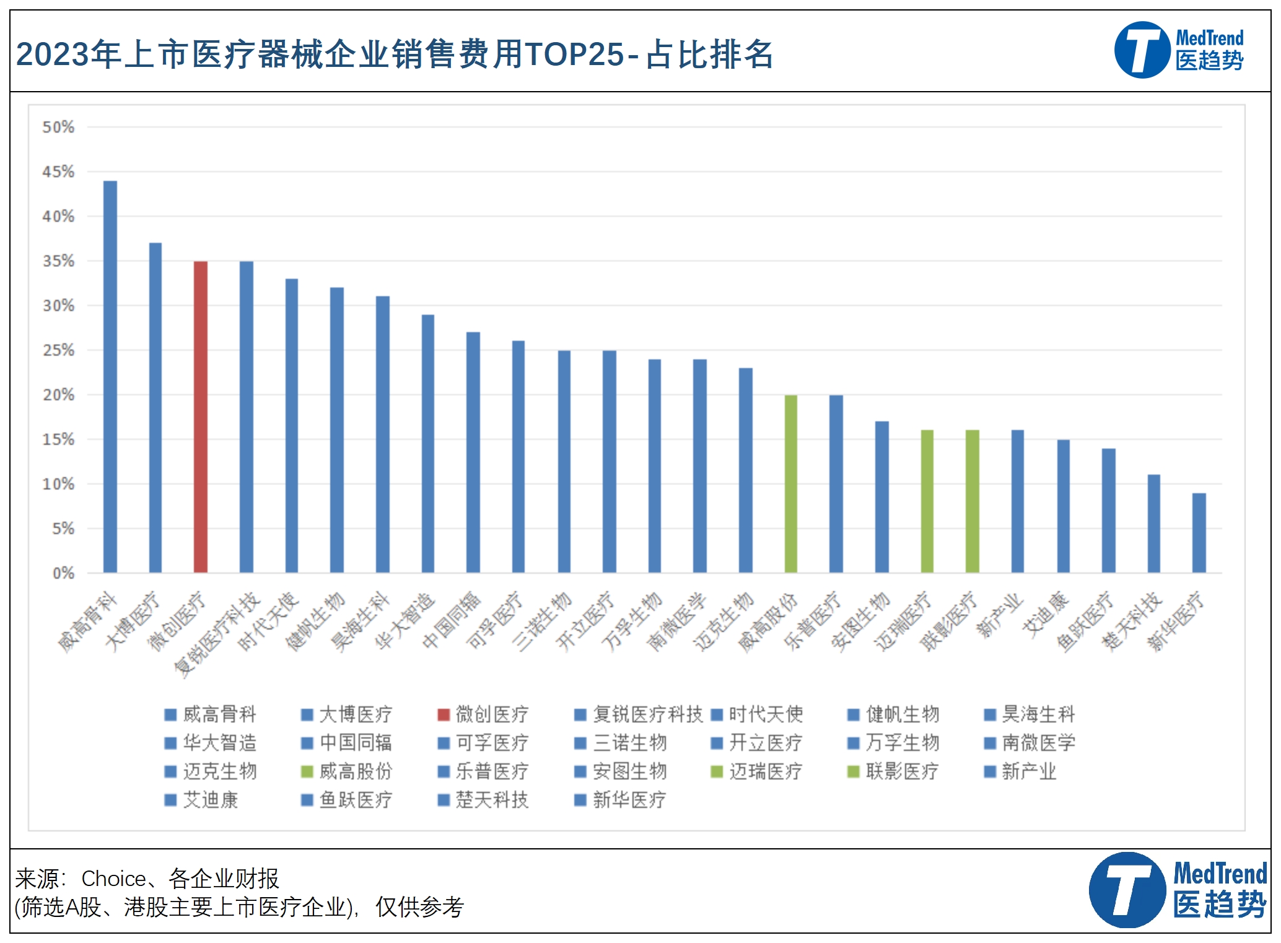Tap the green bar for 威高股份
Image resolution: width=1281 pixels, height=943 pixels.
point(791,484)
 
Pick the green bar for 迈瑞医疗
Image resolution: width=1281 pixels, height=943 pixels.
point(927,501)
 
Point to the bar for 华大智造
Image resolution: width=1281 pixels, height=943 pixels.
point(428,444)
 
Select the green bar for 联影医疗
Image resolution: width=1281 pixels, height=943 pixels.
point(973,501)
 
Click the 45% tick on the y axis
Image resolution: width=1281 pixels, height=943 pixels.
point(58,172)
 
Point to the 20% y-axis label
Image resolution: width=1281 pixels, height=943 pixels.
point(58,395)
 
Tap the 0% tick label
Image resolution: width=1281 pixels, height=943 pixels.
point(63,573)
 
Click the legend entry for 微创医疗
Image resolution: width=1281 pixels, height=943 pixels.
point(484,714)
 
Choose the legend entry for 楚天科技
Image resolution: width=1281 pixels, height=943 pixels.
point(484,800)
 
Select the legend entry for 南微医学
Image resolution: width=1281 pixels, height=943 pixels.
point(1031,743)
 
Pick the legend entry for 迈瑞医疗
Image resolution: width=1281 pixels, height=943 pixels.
point(758,771)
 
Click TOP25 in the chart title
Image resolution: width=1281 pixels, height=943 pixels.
point(574,55)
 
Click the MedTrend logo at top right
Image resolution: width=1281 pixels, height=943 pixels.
point(1179,50)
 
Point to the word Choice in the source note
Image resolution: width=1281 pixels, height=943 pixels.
point(114,879)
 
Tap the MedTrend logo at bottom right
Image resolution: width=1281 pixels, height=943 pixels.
point(1178,890)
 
